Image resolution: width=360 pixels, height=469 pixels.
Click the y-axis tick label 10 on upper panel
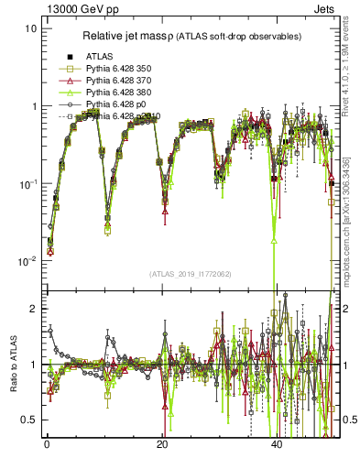coord(31,28)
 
